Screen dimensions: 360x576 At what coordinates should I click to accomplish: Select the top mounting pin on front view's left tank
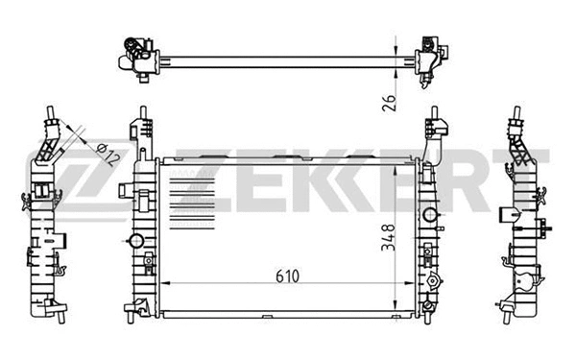[143, 122]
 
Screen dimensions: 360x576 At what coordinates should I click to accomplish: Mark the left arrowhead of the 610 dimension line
[164, 287]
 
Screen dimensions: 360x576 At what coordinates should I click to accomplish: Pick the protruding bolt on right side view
[547, 228]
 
